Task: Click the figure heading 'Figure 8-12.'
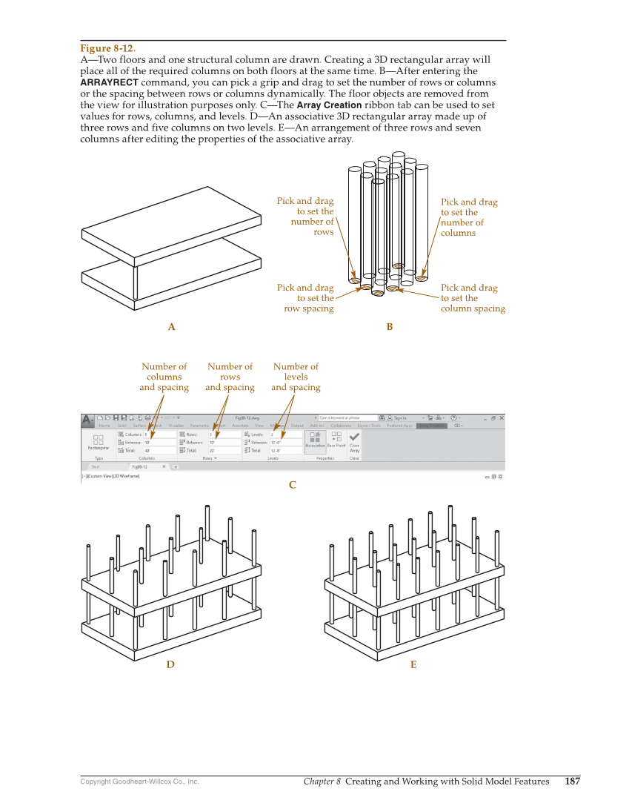coord(107,49)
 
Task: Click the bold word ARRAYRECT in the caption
coord(109,82)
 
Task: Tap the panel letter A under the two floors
coord(171,327)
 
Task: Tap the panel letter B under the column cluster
coord(389,327)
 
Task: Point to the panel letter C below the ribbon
coord(292,485)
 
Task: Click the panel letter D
coord(170,665)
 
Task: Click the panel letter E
coord(413,665)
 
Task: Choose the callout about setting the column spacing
coord(472,298)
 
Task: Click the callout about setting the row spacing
coord(306,298)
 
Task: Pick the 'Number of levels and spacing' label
coord(296,377)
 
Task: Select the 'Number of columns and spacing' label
coord(164,377)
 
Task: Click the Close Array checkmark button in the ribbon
coord(354,438)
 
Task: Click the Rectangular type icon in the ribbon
coord(99,441)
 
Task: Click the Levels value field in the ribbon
coord(284,435)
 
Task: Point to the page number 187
coord(572,781)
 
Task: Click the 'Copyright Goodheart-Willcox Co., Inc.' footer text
coord(139,782)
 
